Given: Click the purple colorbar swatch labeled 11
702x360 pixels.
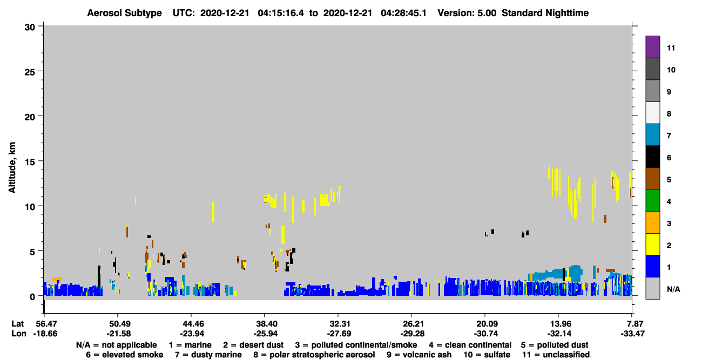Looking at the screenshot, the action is pyautogui.click(x=652, y=46).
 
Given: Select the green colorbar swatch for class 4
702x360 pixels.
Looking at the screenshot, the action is pyautogui.click(x=652, y=201).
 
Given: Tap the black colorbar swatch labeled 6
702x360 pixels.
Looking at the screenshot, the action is pyautogui.click(x=652, y=157).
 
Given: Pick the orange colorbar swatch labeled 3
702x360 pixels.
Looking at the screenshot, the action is pyautogui.click(x=652, y=222).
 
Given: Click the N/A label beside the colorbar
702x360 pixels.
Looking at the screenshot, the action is pyautogui.click(x=673, y=289).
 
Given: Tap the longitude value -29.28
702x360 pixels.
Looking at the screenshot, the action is pyautogui.click(x=413, y=334).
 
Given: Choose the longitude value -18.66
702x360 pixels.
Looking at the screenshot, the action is pyautogui.click(x=45, y=334).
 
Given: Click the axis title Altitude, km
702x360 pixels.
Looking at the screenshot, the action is pyautogui.click(x=12, y=168).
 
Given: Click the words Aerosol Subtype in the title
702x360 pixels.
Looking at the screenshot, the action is pyautogui.click(x=124, y=13).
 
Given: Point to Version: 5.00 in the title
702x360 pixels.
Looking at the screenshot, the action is pyautogui.click(x=467, y=13).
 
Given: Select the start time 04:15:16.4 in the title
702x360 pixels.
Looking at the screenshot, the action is pyautogui.click(x=281, y=13).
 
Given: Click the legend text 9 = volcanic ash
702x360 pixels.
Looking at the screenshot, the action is pyautogui.click(x=419, y=355).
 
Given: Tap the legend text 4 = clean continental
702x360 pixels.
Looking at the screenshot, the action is pyautogui.click(x=470, y=345).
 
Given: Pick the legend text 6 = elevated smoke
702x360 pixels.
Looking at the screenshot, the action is pyautogui.click(x=125, y=355).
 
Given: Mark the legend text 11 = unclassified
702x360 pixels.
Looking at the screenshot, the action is pyautogui.click(x=556, y=355).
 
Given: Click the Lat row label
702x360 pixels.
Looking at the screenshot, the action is pyautogui.click(x=17, y=324).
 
